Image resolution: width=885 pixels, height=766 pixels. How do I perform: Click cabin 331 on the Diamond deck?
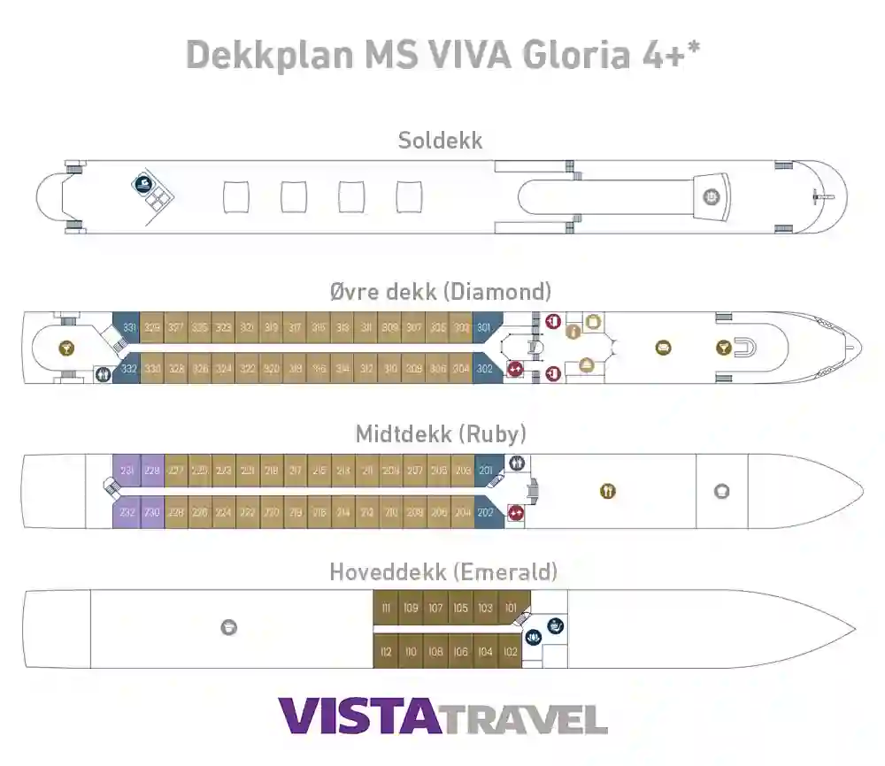pos(129,327)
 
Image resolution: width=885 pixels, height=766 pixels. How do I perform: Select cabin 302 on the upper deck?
pos(483,369)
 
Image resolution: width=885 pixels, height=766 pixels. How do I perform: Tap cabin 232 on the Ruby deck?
pos(127,512)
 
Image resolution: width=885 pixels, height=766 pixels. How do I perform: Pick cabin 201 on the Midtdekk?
pos(486,471)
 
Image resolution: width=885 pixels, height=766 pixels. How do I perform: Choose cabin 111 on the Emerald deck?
pos(386,608)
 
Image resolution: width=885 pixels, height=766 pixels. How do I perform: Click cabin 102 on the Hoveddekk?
pos(510,652)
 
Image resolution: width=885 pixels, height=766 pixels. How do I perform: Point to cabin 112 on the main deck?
pos(386,652)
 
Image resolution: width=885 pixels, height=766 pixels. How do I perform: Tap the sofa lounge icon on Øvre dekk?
pos(663,349)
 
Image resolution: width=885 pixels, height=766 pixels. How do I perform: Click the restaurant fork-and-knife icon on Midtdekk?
pos(607,491)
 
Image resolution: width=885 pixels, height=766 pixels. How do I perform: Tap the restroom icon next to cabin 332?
pos(103,373)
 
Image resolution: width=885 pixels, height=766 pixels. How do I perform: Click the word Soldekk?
pos(440,140)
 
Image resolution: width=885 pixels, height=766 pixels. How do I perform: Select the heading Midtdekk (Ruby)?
pos(441,433)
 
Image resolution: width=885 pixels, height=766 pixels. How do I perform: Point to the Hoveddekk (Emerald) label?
pos(442,572)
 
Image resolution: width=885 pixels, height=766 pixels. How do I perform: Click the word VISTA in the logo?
pos(358,716)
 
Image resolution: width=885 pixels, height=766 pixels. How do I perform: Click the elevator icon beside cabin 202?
pos(515,512)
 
